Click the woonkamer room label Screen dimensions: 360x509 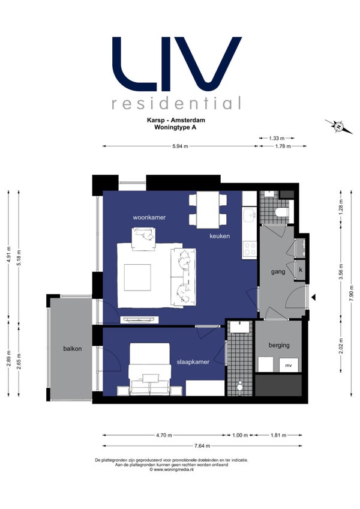point(149,217)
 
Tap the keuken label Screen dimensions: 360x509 point(220,236)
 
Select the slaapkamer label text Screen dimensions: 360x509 point(193,362)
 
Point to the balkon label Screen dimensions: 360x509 point(73,349)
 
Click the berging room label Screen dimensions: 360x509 point(279,345)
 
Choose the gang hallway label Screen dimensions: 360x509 point(278,272)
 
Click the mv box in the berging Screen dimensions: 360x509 point(289,365)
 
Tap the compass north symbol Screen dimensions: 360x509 point(338,127)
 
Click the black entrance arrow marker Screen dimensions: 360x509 point(314,297)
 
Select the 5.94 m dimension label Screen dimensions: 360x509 point(181,146)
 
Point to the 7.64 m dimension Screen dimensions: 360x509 point(202,446)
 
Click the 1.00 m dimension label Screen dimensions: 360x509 point(240,435)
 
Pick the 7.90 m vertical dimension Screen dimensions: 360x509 point(351,294)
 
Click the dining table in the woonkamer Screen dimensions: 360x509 point(208,209)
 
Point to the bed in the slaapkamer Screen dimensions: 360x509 point(150,369)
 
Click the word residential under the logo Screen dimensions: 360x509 point(176,103)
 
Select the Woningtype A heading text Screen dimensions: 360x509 point(175,127)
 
